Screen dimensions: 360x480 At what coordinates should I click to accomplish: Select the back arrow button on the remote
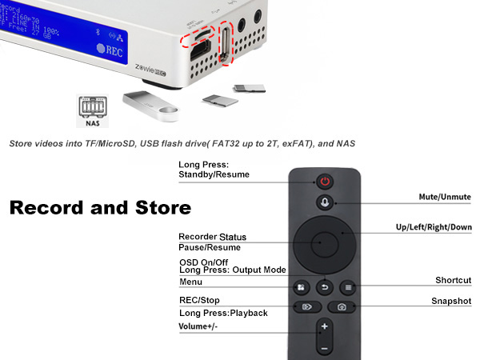pos(325,286)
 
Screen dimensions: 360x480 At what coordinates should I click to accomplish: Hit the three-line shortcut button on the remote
pos(349,286)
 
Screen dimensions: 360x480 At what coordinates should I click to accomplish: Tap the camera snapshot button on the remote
pos(342,306)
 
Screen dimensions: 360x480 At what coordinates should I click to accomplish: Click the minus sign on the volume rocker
pos(325,349)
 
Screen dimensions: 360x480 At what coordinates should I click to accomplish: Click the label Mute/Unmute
pos(445,197)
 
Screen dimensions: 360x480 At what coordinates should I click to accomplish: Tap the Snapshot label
pos(451,302)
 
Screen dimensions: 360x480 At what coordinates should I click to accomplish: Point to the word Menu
pos(190,282)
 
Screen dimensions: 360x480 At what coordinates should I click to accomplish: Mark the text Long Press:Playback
pos(223,313)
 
